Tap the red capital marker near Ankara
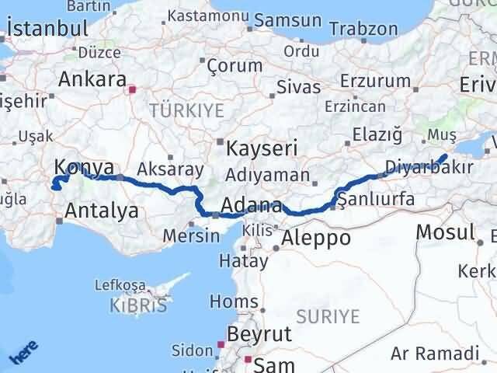[x=133, y=89]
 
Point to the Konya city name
[x=85, y=166]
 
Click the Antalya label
[x=102, y=210]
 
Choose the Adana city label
[x=251, y=206]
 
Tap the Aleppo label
[x=318, y=237]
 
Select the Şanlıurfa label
[x=377, y=200]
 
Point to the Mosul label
[x=445, y=231]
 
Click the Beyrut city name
[x=259, y=334]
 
